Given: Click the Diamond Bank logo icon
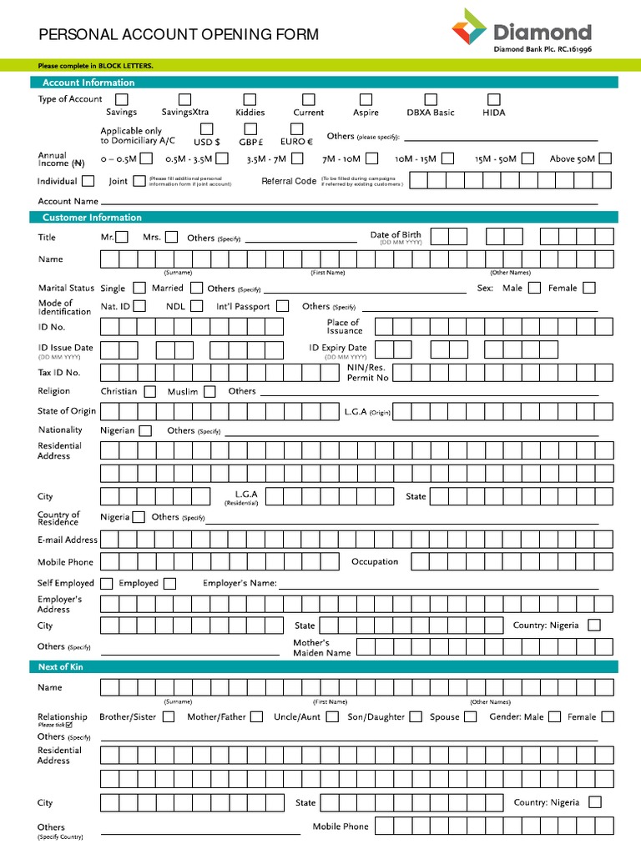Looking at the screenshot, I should pyautogui.click(x=469, y=29).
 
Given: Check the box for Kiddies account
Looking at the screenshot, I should pyautogui.click(x=250, y=100).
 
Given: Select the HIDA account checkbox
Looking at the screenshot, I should pyautogui.click(x=493, y=100).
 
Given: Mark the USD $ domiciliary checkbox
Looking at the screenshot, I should pyautogui.click(x=206, y=128).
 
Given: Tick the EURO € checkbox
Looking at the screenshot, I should pyautogui.click(x=296, y=128).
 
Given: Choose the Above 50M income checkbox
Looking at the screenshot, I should pyautogui.click(x=605, y=158).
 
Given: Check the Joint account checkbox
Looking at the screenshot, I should pyautogui.click(x=139, y=181).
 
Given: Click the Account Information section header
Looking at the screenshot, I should pyautogui.click(x=88, y=83).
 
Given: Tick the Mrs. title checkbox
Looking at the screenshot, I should pyautogui.click(x=171, y=237).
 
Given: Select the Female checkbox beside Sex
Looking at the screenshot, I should pyautogui.click(x=589, y=288).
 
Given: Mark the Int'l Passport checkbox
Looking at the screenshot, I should pyautogui.click(x=283, y=306).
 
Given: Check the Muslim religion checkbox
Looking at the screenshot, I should pyautogui.click(x=209, y=391).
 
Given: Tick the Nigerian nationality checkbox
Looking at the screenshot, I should pyautogui.click(x=145, y=430).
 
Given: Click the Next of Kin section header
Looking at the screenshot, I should pyautogui.click(x=61, y=667).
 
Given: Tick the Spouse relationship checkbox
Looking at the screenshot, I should pyautogui.click(x=471, y=716).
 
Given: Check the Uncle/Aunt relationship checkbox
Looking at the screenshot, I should pyautogui.click(x=332, y=716).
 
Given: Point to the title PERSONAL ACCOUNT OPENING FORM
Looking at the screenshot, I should pyautogui.click(x=179, y=34).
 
